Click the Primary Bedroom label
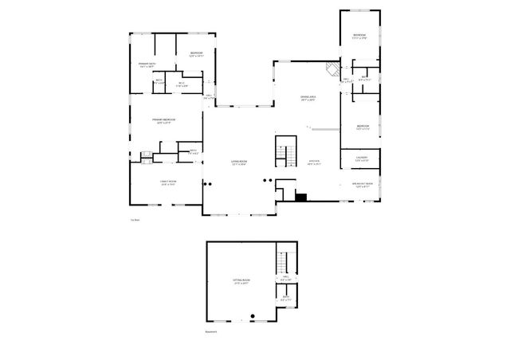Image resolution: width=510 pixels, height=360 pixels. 166,120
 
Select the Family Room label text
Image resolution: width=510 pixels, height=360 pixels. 167,182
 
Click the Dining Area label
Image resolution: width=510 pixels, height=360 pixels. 308,99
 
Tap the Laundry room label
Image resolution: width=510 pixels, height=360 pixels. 362,159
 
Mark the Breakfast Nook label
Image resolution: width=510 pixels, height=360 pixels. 363,185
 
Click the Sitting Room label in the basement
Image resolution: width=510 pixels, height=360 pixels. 241,282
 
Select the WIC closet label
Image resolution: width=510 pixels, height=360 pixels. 181,84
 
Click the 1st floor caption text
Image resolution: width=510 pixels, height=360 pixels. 135,221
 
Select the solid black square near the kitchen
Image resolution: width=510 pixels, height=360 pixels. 301,196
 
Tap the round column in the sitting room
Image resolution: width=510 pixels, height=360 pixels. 252,316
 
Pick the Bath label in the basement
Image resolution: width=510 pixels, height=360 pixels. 286,299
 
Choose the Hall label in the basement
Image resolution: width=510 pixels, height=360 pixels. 285,279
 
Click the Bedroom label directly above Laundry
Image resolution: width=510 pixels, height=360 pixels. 363,127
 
